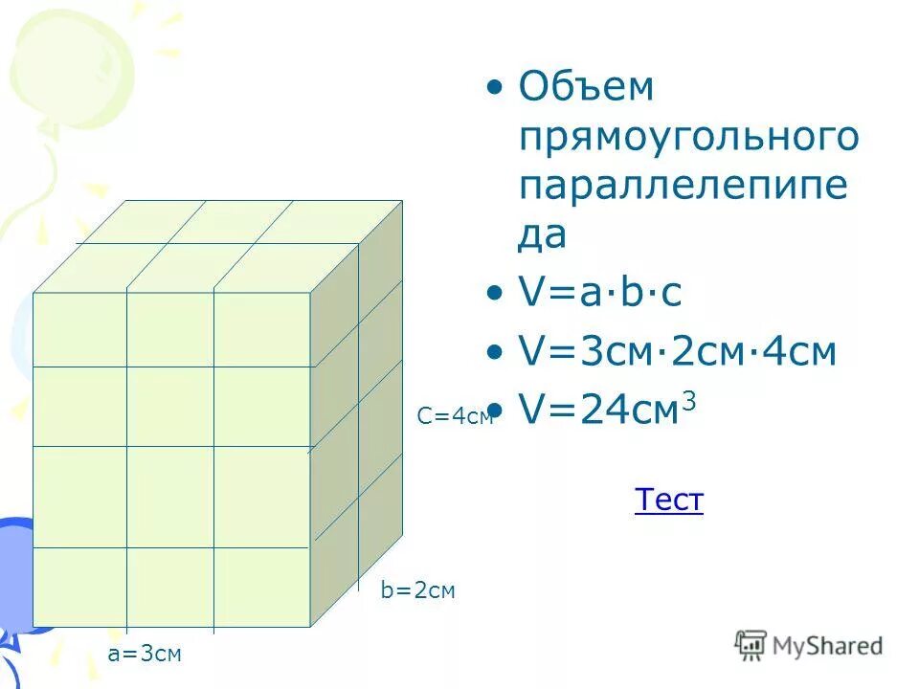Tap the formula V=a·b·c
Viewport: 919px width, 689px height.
[x=599, y=294]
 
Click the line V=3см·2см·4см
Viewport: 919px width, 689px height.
[x=677, y=352]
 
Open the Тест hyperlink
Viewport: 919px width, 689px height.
[x=668, y=500]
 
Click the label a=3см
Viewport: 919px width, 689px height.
[x=145, y=655]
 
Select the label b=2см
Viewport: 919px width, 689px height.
[x=417, y=591]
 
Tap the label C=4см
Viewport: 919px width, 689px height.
[x=455, y=416]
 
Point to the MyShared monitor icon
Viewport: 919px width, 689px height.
[x=751, y=645]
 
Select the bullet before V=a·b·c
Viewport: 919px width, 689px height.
[x=494, y=294]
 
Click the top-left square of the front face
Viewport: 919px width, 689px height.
[x=79, y=329]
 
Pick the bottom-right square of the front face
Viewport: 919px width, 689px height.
[x=261, y=586]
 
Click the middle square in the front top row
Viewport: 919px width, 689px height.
[x=170, y=329]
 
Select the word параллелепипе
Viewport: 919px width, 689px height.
[x=683, y=187]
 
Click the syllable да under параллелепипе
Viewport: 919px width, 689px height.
[x=542, y=235]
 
